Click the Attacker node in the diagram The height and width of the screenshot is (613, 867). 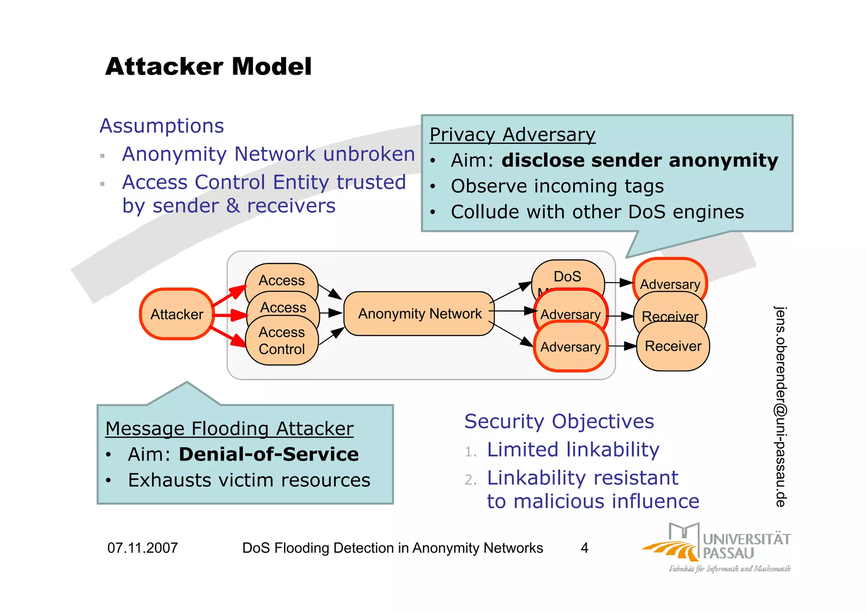point(177,314)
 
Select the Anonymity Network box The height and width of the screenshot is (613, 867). point(419,314)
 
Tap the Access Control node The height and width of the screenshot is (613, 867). point(282,341)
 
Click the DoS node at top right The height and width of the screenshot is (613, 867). point(567,276)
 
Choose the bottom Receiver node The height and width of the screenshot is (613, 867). point(673,347)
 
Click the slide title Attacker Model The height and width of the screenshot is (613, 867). point(208,67)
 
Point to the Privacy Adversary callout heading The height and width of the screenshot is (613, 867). point(512,135)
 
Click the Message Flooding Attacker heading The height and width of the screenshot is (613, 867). point(229,428)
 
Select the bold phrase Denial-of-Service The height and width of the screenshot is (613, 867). point(268,454)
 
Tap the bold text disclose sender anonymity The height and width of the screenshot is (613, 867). point(639,161)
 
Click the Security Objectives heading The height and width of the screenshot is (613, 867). point(559,422)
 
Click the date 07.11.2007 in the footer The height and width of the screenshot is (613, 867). point(142,548)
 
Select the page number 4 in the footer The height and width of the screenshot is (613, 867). point(584,548)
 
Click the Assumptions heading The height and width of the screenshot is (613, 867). point(161,126)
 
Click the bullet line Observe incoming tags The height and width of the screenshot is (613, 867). point(557,186)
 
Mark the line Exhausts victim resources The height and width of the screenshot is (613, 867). point(249,480)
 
